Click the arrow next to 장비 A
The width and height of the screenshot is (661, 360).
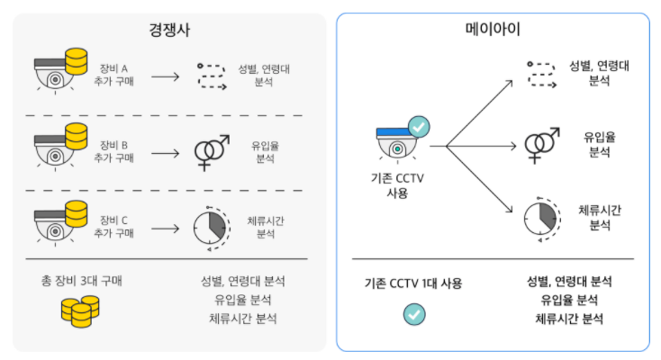pyautogui.click(x=166, y=76)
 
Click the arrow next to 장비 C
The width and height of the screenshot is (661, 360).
pyautogui.click(x=166, y=226)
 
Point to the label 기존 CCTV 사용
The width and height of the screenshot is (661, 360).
pyautogui.click(x=397, y=185)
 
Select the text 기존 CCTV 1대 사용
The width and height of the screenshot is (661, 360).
pyautogui.click(x=413, y=283)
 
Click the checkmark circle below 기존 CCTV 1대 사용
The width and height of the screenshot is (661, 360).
pyautogui.click(x=414, y=313)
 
